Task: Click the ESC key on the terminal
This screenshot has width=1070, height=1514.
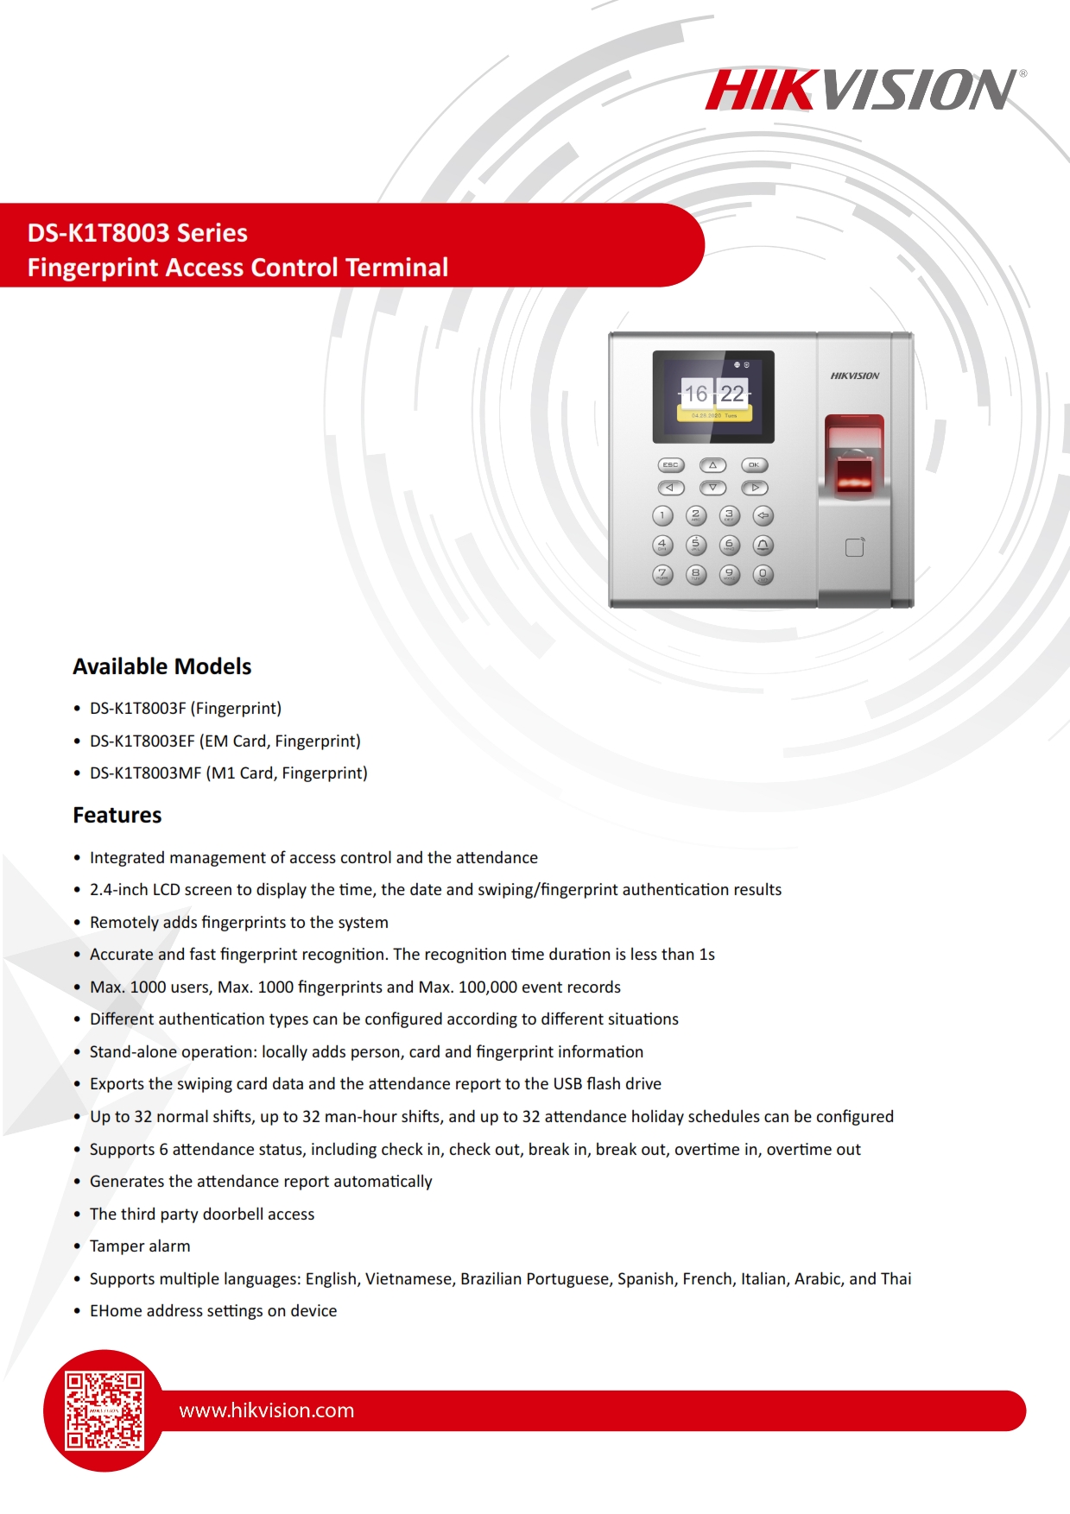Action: tap(670, 465)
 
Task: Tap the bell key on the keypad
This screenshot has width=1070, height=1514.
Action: tap(763, 545)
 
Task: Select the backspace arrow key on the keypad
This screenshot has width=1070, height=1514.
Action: tap(763, 516)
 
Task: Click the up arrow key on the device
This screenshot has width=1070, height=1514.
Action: tap(712, 465)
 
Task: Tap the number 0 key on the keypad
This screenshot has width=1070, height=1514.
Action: tap(763, 574)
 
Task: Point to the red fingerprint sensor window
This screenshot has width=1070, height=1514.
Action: tap(854, 473)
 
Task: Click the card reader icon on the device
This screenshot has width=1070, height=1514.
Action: tap(854, 547)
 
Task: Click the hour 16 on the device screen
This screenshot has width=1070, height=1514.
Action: tap(696, 394)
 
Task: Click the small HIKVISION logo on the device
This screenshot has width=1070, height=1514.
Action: tap(854, 376)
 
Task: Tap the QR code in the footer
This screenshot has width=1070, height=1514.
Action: tap(104, 1410)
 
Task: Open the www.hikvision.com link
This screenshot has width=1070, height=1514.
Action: tap(266, 1410)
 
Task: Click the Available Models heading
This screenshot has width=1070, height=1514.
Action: tap(162, 666)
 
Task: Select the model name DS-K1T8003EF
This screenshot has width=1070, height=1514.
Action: tap(142, 741)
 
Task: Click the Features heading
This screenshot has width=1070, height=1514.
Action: tap(117, 815)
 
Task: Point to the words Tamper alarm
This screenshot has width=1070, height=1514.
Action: tap(140, 1246)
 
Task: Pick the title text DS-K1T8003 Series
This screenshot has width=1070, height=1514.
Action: tap(137, 233)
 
